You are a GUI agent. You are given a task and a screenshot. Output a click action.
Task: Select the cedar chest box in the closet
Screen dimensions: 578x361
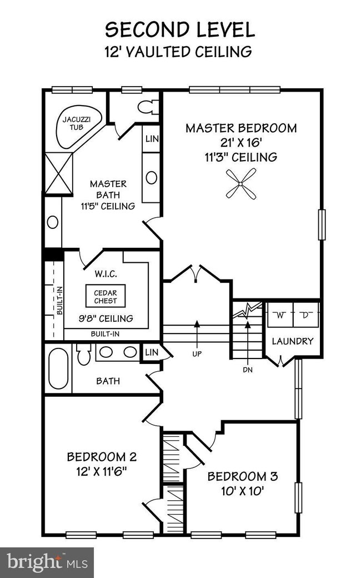pos(105,295)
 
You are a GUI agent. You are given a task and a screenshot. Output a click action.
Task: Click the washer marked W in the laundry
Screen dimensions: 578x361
pos(280,316)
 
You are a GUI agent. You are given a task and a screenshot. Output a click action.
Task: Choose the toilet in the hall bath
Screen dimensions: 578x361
pos(84,354)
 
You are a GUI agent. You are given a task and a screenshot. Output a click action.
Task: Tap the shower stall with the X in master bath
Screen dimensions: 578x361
pos(58,170)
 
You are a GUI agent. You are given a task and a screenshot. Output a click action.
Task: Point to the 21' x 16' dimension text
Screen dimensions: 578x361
pos(241,142)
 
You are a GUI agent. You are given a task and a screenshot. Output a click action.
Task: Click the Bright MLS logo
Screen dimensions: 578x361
pos(47,562)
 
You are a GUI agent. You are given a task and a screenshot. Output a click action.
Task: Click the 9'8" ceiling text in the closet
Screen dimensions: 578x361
pos(106,318)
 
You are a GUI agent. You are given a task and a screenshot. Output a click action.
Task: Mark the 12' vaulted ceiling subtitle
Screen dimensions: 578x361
pos(178,52)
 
